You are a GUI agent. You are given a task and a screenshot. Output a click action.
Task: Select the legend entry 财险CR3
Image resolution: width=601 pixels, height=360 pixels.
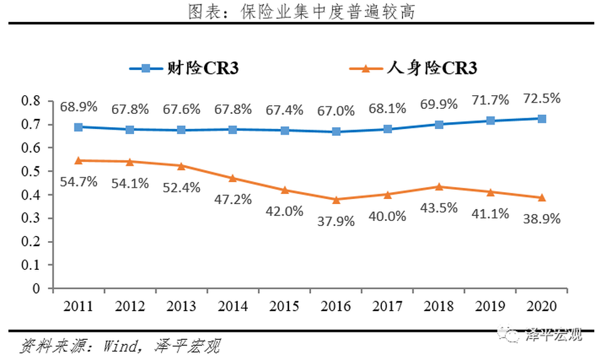(185, 68)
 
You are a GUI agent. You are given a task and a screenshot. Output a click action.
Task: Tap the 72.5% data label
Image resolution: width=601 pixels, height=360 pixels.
(542, 99)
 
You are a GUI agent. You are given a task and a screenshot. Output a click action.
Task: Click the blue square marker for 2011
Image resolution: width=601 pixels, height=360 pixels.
(78, 126)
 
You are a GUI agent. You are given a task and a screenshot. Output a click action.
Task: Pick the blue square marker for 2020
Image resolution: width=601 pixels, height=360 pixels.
(542, 118)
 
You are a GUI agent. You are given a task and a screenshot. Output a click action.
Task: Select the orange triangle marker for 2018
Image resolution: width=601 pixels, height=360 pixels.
(439, 187)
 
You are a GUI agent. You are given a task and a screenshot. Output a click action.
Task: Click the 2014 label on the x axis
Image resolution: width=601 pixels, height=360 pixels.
(232, 307)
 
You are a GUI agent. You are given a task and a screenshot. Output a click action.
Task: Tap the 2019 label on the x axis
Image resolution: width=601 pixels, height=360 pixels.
(490, 307)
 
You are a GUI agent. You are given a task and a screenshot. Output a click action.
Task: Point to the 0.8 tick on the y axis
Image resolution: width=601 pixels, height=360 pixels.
(31, 101)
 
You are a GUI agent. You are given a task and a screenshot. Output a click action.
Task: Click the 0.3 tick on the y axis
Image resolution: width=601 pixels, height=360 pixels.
(31, 219)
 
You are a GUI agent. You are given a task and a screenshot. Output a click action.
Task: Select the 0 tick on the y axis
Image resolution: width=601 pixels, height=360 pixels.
(36, 289)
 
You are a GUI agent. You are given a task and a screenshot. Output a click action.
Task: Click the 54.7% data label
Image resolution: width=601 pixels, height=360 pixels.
(78, 182)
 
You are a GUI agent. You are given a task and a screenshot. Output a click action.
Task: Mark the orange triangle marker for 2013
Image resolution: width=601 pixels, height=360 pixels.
(181, 166)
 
